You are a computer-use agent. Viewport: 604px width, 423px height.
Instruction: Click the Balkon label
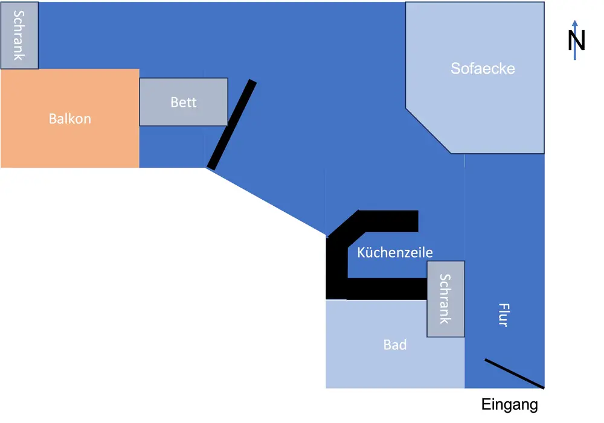point(70,118)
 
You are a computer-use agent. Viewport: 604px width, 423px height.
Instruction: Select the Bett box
point(184,115)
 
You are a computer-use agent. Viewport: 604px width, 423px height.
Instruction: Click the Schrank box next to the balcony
point(19,36)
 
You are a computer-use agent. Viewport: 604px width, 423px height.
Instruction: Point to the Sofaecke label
point(483,68)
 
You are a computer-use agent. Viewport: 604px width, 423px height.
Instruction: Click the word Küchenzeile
point(395,252)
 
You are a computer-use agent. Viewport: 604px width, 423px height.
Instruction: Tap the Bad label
point(395,345)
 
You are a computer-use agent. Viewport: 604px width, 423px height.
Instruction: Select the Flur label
point(503,314)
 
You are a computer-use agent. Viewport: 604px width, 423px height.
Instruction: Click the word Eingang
point(509,404)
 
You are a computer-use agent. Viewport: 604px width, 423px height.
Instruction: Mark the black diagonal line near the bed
point(231,125)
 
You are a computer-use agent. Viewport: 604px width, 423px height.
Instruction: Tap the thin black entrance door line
point(515,374)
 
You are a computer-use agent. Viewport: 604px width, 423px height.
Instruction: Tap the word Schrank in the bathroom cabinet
point(446,299)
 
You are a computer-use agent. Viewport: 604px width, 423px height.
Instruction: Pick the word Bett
point(184,102)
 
